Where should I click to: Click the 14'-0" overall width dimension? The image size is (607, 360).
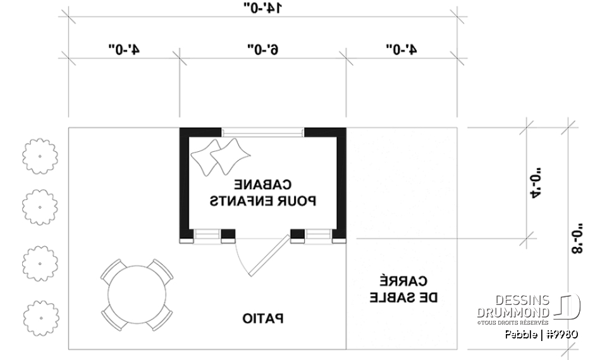[262, 8]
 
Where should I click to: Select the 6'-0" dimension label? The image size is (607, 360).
[262, 49]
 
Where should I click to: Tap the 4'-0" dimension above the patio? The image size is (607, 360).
[124, 49]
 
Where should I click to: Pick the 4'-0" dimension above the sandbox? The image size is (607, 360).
[401, 49]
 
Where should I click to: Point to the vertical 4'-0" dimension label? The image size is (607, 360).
[537, 183]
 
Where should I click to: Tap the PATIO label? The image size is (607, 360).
[263, 318]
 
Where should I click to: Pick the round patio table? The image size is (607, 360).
[136, 292]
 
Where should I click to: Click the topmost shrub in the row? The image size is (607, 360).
[40, 156]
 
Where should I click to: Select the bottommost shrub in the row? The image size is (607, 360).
[40, 315]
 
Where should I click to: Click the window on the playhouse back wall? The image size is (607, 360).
[263, 132]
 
